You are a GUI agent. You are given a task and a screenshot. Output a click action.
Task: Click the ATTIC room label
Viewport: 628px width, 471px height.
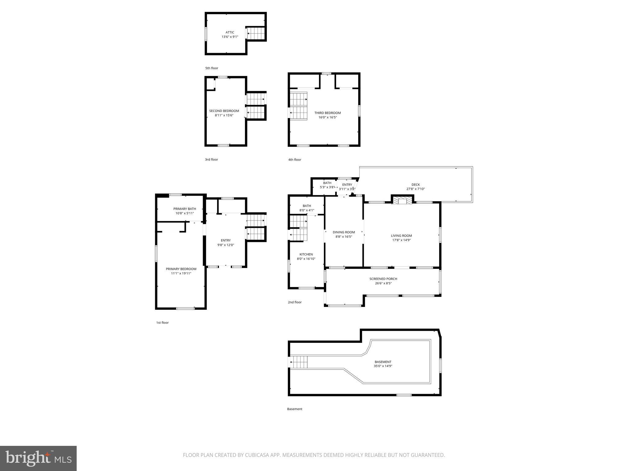pos(230,32)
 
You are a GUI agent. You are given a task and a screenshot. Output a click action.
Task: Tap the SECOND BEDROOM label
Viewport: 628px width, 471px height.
pos(224,111)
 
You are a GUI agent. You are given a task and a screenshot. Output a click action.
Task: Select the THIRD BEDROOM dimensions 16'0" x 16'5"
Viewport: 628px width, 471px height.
pos(327,117)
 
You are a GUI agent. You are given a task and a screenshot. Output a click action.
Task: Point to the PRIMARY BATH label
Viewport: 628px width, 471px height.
pos(185,209)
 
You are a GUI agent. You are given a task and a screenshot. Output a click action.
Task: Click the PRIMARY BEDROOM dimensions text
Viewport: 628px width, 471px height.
pos(181,273)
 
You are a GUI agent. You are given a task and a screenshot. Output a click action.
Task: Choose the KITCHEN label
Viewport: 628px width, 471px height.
pos(306,254)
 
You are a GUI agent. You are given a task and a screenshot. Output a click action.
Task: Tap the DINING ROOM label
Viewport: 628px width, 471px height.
pos(344,232)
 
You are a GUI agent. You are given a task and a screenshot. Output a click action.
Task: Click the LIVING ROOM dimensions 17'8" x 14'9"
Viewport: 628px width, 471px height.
pos(401,240)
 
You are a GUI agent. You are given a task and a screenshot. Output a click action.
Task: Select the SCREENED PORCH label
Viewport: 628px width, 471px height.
pos(383,279)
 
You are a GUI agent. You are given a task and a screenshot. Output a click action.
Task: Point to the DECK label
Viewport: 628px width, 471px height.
pos(415,185)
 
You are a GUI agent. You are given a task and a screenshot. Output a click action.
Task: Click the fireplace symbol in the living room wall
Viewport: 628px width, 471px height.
pos(402,201)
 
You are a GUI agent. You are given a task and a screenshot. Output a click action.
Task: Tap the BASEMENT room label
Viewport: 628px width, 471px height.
pos(383,362)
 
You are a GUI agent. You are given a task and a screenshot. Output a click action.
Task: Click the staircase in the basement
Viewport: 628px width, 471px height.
pos(299,362)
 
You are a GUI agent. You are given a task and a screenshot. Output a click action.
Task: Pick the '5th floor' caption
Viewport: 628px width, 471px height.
pos(212,68)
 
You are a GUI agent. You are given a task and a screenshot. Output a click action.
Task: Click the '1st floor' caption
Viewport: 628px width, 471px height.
pos(162,323)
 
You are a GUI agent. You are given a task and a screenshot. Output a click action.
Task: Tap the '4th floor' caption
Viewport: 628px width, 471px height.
pos(294,159)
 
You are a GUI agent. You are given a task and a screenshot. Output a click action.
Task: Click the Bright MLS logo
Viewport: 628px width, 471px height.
pos(38,458)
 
